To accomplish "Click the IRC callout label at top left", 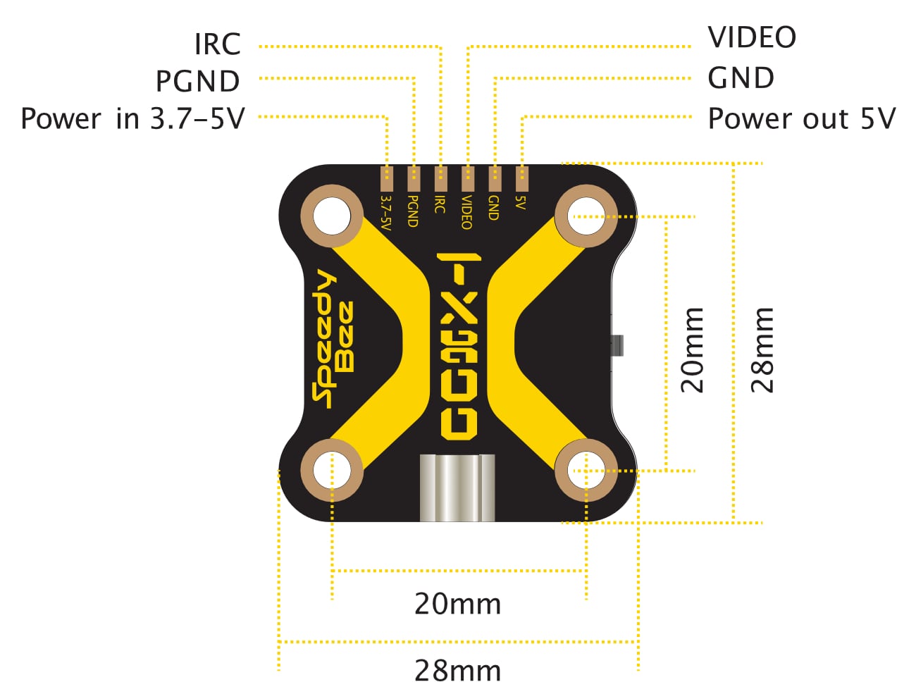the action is coord(218,44).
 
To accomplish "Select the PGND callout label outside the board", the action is coord(198,81).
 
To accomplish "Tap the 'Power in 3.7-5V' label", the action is coord(132,118).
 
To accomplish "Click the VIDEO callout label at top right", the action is coord(752,37).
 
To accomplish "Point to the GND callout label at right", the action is coord(741,78).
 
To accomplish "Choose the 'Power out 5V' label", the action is coord(802,118).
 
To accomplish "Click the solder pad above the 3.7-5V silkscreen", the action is coord(386,179).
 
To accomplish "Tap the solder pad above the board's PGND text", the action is coord(414,179).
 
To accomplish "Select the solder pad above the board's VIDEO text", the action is coord(468,179).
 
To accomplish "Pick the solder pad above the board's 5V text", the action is coord(522,179).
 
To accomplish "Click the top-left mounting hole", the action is coord(332,216).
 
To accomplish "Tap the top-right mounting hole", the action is coord(586,216).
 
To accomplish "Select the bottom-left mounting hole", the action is coord(332,470).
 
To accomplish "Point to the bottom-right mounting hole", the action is coord(586,470).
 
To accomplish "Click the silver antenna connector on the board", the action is coord(457,488).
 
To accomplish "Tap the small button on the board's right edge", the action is coord(617,345).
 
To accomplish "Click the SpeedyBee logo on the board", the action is coord(333,339).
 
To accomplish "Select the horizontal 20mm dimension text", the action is coord(457,605).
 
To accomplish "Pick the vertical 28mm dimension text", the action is coord(762,350).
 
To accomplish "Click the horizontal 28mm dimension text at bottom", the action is coord(457,671).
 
